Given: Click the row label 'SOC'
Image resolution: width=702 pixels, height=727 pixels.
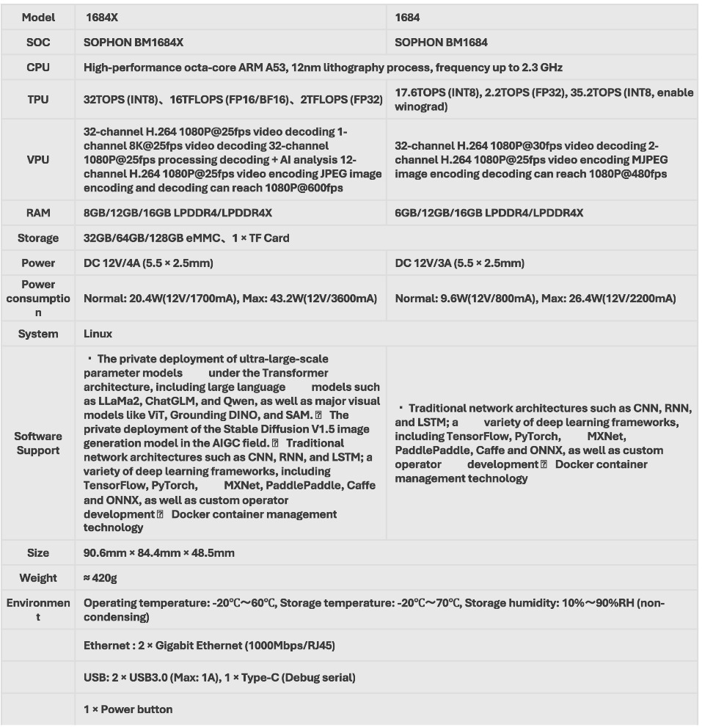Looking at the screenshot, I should (37, 43).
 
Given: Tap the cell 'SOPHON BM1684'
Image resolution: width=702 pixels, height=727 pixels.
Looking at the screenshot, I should (441, 43).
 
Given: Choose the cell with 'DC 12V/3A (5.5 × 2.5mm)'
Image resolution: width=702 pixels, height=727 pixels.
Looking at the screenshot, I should (459, 263).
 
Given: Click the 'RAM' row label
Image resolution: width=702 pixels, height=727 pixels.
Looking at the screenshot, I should (37, 213).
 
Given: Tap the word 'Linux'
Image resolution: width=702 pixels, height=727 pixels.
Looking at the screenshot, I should (98, 334).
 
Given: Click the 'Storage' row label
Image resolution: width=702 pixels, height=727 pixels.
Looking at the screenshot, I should (37, 238).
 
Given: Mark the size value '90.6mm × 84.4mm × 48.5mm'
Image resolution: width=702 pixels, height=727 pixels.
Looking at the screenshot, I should (159, 553).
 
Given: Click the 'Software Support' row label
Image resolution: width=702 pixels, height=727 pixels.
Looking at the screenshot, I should (37, 443).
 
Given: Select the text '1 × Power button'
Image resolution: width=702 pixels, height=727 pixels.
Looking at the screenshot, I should (128, 709).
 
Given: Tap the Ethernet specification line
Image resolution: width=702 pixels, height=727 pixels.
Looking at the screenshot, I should (210, 646).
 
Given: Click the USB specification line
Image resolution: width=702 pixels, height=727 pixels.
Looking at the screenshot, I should (219, 678).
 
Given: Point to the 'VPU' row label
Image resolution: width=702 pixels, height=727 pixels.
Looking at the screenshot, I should (37, 158).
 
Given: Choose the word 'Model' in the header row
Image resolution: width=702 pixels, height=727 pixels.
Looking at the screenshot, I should (37, 17).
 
